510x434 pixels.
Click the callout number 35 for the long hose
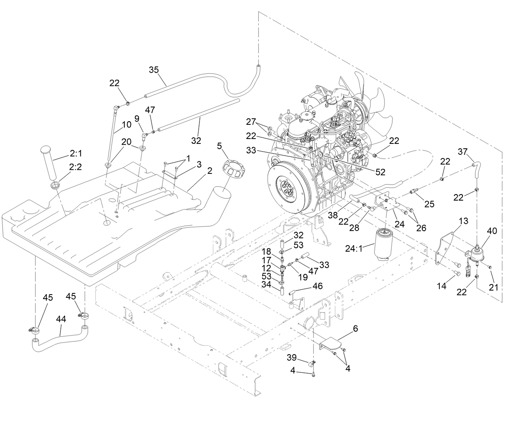pyautogui.click(x=154, y=70)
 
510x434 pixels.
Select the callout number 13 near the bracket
pyautogui.click(x=463, y=221)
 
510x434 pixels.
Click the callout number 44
pyautogui.click(x=61, y=319)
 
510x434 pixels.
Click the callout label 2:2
pyautogui.click(x=75, y=167)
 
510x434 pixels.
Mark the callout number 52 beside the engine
pyautogui.click(x=380, y=172)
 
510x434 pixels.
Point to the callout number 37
pyautogui.click(x=463, y=152)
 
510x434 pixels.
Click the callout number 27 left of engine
pyautogui.click(x=251, y=121)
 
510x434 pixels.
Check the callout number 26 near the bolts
pyautogui.click(x=421, y=228)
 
